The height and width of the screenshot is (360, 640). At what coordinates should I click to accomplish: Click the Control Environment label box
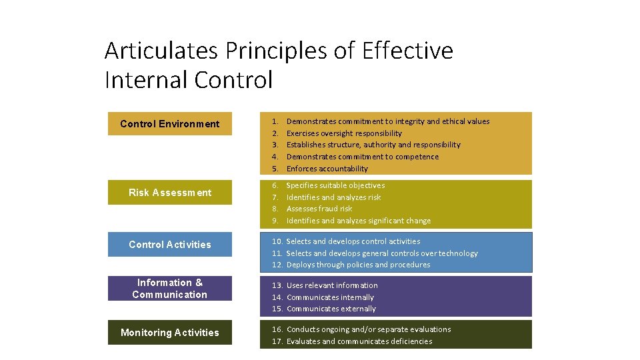(170, 124)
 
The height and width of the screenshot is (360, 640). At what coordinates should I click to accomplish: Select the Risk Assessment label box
(170, 193)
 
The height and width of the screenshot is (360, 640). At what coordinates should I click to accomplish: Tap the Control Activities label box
(170, 245)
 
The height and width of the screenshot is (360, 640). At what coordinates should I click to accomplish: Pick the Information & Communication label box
(170, 289)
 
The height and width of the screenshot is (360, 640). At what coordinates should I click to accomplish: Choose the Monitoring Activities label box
(170, 333)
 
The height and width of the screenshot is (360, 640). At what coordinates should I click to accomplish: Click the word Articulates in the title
(162, 51)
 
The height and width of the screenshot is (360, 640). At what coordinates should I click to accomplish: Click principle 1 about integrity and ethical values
(387, 121)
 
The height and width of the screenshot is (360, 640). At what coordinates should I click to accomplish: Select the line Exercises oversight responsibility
(344, 133)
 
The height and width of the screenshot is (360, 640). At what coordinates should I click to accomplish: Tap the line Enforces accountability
(327, 169)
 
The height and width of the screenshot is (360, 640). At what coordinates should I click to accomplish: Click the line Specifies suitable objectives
(335, 185)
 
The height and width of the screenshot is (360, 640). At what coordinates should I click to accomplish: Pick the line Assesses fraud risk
(319, 209)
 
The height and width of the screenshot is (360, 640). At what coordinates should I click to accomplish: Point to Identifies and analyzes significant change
(358, 221)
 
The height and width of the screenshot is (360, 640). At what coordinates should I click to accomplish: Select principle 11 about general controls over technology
(381, 253)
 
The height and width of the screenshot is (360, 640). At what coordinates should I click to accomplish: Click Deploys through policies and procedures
(358, 265)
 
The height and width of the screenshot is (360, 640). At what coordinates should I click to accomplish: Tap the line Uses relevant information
(331, 285)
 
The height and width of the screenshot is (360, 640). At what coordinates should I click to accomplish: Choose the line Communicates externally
(331, 309)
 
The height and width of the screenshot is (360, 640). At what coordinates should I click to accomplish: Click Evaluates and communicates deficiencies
(359, 341)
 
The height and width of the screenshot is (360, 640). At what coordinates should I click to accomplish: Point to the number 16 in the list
(276, 329)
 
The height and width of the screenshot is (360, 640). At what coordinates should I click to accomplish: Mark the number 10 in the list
(276, 241)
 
